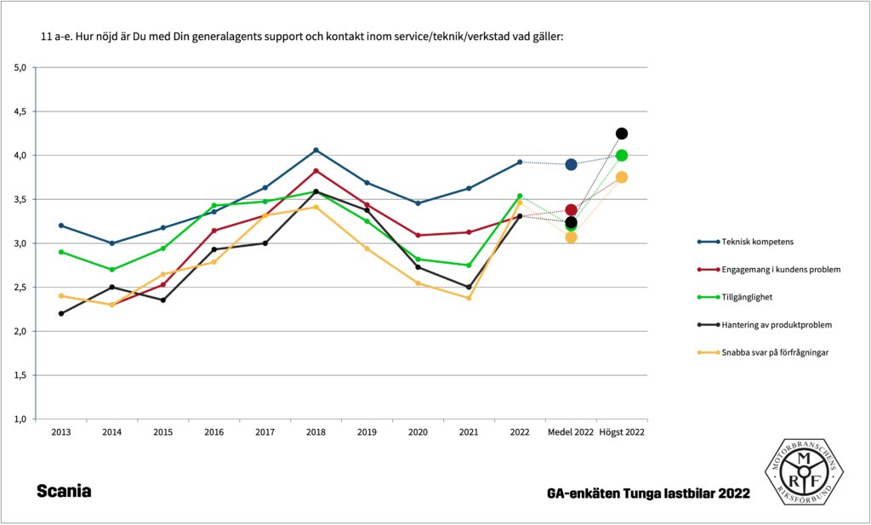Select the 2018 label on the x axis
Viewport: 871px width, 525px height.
pos(316,432)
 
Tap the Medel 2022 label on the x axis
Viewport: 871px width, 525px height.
pos(571,432)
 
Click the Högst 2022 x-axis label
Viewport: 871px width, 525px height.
pos(622,432)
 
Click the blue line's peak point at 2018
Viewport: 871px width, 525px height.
pos(316,151)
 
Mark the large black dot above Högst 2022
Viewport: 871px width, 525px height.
pos(622,134)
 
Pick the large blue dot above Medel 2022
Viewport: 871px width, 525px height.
pos(571,164)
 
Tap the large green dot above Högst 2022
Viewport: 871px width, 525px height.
pos(622,156)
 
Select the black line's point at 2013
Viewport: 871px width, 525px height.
pos(60,314)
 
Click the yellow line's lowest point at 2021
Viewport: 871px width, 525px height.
pos(469,298)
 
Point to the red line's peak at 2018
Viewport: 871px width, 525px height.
pos(316,171)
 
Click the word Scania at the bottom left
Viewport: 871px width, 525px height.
pos(64,492)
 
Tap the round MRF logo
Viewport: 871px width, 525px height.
pos(802,471)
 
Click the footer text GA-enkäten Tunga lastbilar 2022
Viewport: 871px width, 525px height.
pos(649,494)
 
